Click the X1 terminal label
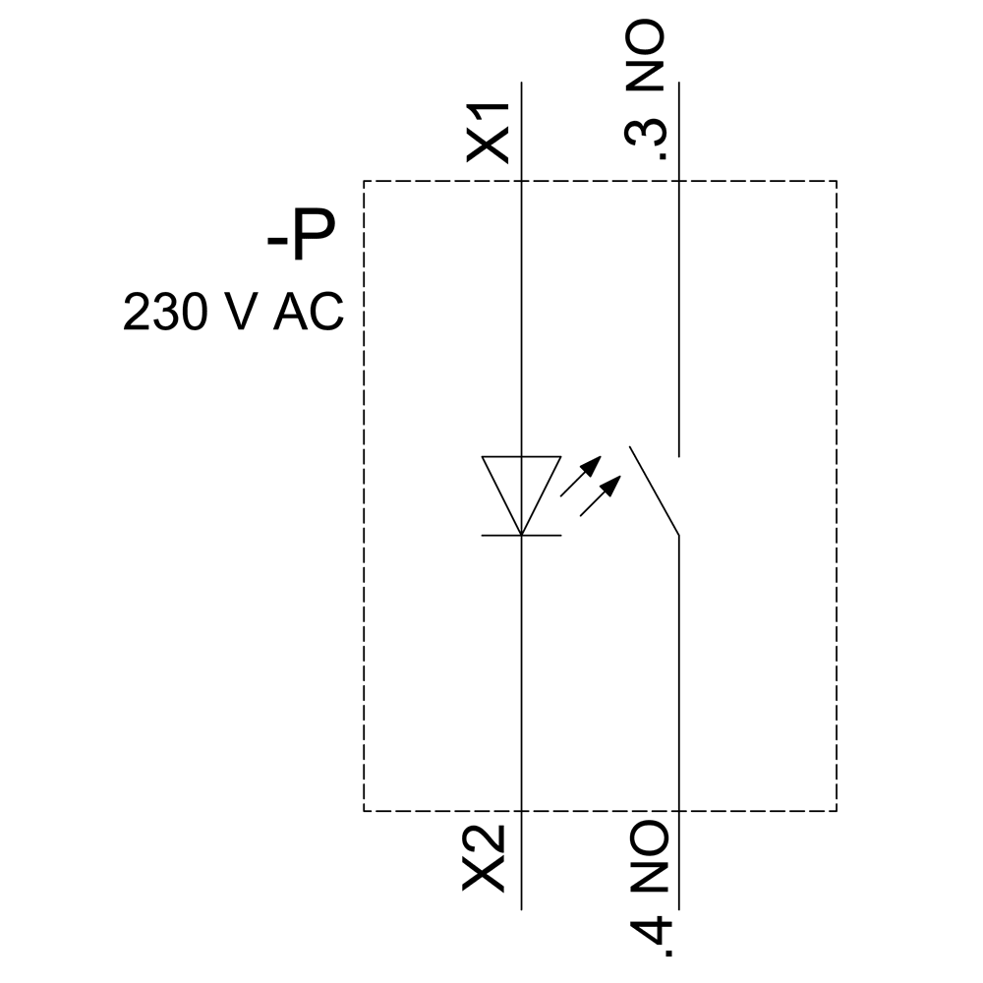(488, 131)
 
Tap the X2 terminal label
(486, 858)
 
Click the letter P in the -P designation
(312, 239)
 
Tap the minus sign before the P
(275, 242)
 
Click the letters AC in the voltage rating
(309, 314)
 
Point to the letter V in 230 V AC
(242, 314)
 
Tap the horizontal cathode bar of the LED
(520, 535)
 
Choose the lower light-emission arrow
(601, 495)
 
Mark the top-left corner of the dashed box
(365, 182)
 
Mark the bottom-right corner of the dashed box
(837, 811)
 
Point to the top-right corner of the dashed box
(837, 182)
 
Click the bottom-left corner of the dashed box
(365, 811)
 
